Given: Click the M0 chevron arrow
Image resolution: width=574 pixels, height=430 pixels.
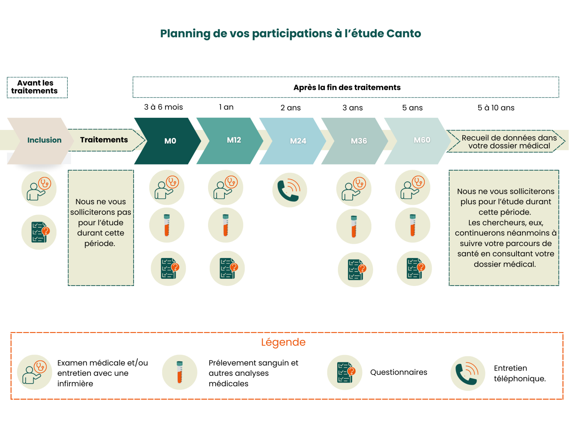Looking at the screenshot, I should click(x=167, y=141).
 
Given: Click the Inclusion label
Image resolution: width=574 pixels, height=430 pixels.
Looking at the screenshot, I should click(x=44, y=140).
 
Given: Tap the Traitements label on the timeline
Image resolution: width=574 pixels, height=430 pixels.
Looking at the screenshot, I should click(x=104, y=140).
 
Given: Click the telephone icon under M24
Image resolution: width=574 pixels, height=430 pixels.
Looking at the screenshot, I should click(x=289, y=190).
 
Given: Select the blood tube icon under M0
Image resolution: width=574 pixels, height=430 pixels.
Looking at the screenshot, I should click(x=167, y=225).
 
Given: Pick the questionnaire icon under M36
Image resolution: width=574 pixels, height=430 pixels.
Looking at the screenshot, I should click(x=355, y=270).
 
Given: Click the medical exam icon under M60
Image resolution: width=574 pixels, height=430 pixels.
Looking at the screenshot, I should click(x=413, y=188).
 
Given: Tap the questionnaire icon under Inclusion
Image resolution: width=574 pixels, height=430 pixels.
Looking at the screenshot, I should click(x=39, y=232).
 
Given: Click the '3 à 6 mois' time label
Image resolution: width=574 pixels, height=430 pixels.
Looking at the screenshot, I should click(x=163, y=107).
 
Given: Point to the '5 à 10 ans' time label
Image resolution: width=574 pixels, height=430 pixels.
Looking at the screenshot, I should click(x=496, y=108).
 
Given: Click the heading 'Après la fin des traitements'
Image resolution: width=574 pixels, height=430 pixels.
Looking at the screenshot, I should click(x=347, y=87).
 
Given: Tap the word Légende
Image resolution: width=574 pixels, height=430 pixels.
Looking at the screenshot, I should click(x=283, y=342).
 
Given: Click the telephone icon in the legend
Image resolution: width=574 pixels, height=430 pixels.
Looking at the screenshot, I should click(x=468, y=373).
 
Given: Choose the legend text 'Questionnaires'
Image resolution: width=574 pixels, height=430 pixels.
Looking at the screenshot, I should click(x=399, y=372).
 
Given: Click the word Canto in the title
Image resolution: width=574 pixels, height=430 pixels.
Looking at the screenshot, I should click(x=404, y=33).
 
